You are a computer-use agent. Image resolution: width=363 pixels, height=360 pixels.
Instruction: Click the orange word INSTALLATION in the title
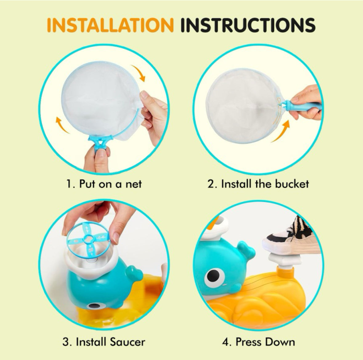click(x=110, y=25)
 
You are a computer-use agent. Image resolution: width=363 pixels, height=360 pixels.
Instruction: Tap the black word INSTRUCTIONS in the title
click(x=248, y=25)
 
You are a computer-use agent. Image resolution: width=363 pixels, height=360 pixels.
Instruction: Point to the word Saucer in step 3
click(x=127, y=342)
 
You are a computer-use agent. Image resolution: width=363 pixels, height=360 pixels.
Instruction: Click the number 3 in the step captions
click(x=66, y=342)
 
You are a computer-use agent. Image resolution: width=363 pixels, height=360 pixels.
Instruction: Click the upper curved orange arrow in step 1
click(x=139, y=72)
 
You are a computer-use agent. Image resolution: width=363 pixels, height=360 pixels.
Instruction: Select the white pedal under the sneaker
click(x=285, y=260)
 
